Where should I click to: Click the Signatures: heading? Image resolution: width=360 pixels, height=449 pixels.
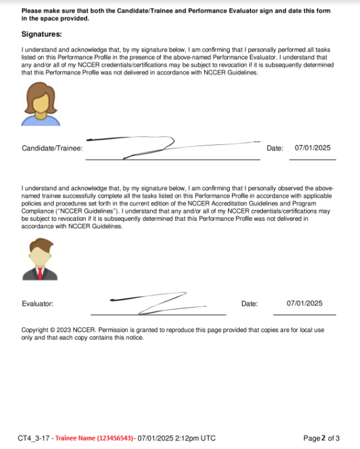42,34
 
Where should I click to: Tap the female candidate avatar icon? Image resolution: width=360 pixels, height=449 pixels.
40,105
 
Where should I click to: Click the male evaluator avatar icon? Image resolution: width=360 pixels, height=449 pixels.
40,259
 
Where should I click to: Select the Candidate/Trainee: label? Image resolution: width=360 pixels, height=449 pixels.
53,148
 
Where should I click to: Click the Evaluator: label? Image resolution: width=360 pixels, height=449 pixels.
37,303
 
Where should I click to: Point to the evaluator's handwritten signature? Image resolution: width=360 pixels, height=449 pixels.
159,302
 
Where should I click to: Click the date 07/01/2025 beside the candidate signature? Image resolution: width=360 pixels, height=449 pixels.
312,147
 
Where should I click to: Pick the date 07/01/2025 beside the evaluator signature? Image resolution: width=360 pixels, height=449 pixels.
304,303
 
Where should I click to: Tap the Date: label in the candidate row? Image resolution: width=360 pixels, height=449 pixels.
275,148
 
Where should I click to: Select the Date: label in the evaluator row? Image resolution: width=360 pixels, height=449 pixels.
249,303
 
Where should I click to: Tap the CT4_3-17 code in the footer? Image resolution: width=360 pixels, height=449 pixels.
33,438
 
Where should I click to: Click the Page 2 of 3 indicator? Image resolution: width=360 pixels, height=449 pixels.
321,438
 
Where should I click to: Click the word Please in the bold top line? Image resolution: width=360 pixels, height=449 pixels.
32,11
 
